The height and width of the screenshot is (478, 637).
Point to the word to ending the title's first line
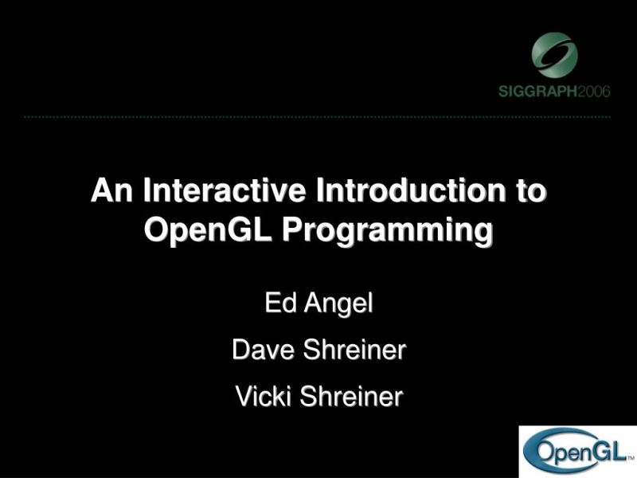pyautogui.click(x=530, y=192)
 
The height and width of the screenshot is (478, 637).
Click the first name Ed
pyautogui.click(x=279, y=304)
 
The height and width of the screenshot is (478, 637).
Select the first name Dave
pyautogui.click(x=260, y=350)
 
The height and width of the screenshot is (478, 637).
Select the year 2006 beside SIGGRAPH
pyautogui.click(x=594, y=91)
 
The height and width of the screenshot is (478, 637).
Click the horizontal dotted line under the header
pyautogui.click(x=318, y=117)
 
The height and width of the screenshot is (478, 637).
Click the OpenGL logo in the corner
pyautogui.click(x=577, y=452)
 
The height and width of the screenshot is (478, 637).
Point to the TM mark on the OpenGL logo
pyautogui.click(x=629, y=460)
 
